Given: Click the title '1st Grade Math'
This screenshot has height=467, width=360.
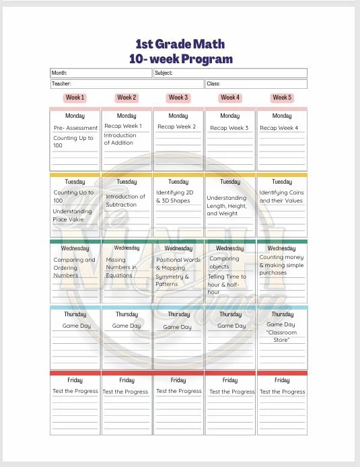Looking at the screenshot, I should coord(180,44).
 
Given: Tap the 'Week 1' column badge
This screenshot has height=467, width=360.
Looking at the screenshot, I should coord(75,98).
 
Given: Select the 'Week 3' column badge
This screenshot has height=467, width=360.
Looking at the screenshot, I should coord(178,98).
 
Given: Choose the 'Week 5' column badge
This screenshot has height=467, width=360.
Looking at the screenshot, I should coord(281,98).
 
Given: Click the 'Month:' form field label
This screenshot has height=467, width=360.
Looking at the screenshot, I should coord(59,73).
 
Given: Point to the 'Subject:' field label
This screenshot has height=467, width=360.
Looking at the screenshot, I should coord(164,73).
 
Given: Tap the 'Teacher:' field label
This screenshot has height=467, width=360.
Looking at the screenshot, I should coord(61,84).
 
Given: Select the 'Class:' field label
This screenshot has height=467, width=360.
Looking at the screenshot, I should coord(214,84).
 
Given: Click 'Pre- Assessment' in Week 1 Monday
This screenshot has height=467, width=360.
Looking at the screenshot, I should coord(75,127).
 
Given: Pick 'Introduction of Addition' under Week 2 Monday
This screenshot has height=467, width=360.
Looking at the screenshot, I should coord(120,139).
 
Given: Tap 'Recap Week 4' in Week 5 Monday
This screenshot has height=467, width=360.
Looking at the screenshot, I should coord(279,127).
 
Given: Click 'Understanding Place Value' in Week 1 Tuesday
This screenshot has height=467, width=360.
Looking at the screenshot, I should coord(73,215).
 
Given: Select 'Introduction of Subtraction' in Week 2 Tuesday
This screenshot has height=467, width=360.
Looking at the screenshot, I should coord(125,201).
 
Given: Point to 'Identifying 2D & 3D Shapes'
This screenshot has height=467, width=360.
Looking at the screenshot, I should coord(173,196).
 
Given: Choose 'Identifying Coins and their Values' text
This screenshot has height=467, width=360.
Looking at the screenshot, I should coord(281,196).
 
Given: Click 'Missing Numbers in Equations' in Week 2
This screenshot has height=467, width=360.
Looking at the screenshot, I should coord(121,267).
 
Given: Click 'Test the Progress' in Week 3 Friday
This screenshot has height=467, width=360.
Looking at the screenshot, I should coord(178,391).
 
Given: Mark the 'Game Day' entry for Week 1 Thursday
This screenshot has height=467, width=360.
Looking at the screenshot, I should coord(75,326).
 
